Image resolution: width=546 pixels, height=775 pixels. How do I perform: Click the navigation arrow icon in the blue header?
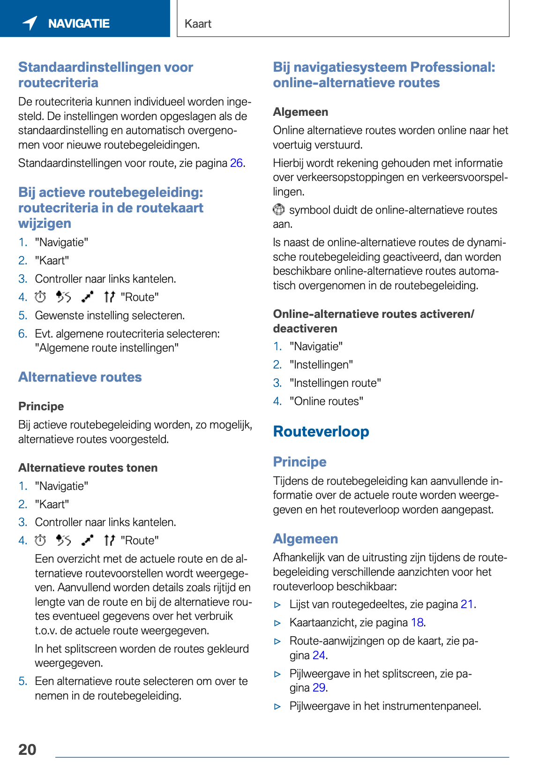pyautogui.click(x=30, y=23)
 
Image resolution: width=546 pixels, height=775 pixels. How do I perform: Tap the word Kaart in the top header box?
pyautogui.click(x=198, y=24)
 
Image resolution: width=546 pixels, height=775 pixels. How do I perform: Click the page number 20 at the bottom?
pyautogui.click(x=27, y=749)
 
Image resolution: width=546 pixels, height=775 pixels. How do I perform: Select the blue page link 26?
pyautogui.click(x=236, y=163)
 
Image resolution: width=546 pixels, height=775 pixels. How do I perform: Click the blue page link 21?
pyautogui.click(x=467, y=604)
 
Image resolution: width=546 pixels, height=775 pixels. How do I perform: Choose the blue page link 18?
pyautogui.click(x=417, y=623)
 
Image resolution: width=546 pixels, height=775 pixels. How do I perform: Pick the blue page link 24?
pyautogui.click(x=319, y=655)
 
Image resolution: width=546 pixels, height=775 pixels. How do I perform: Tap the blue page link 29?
pyautogui.click(x=319, y=688)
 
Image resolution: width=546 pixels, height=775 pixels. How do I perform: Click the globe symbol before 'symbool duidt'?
pyautogui.click(x=279, y=210)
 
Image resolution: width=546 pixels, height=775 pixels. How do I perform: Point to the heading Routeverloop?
pyautogui.click(x=321, y=432)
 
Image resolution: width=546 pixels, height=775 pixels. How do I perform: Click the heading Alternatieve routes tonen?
pyautogui.click(x=88, y=468)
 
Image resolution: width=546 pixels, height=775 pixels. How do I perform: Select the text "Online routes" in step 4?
pyautogui.click(x=326, y=401)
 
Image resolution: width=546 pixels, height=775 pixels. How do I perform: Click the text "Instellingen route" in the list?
pyautogui.click(x=335, y=383)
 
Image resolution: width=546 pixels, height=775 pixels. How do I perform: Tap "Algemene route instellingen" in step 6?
pyautogui.click(x=107, y=348)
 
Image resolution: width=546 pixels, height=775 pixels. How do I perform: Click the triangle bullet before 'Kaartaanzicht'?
pyautogui.click(x=277, y=623)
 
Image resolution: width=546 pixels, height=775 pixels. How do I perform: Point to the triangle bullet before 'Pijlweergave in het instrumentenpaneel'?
pyautogui.click(x=277, y=707)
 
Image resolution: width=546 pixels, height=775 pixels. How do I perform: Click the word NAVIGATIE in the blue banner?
pyautogui.click(x=79, y=23)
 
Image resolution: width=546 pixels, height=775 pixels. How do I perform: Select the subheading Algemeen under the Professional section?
pyautogui.click(x=300, y=112)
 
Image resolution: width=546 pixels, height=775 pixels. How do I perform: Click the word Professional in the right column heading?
pyautogui.click(x=452, y=67)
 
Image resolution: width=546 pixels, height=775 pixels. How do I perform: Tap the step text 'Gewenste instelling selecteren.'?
pyautogui.click(x=110, y=316)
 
